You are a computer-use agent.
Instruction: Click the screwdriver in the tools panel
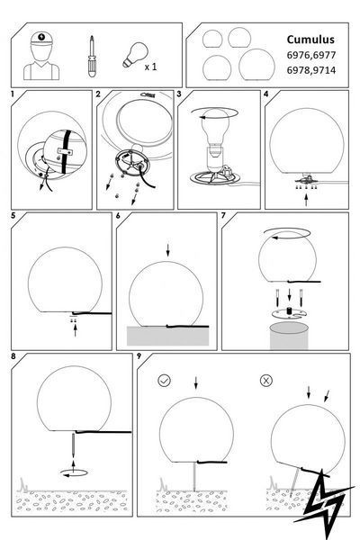92,56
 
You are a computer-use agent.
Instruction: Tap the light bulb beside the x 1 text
135,55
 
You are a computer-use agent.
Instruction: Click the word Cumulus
310,40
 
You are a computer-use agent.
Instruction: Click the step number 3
179,94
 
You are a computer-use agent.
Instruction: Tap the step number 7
223,216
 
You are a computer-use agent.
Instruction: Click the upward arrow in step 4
306,200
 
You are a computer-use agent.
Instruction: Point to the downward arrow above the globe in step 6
167,250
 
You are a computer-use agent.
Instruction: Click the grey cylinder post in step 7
289,336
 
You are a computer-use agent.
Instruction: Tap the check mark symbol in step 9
165,380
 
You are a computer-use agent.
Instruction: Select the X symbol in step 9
266,380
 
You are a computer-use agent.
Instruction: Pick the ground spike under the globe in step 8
73,445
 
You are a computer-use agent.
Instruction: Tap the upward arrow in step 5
75,330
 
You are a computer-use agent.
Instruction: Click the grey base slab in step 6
167,336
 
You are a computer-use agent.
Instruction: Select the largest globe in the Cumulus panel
256,65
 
